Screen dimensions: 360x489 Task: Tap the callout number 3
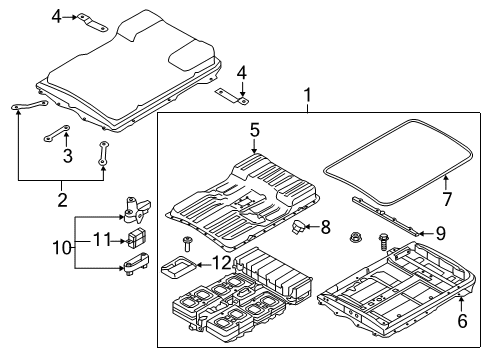67,155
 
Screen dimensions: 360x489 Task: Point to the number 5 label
255,129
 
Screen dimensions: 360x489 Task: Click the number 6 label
461,322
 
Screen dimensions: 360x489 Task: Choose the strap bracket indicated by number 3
55,135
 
